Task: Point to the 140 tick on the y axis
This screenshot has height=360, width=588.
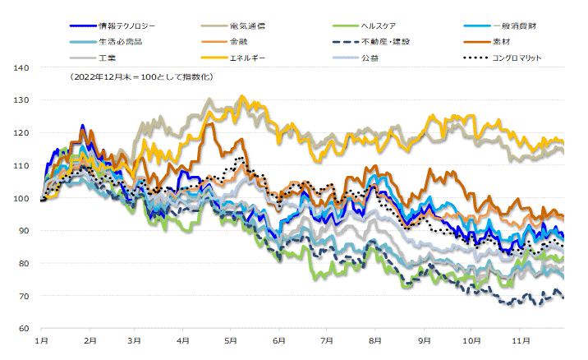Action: pos(22,67)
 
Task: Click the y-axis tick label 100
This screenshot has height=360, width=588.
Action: pos(22,198)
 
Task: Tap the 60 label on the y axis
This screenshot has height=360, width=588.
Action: pos(25,329)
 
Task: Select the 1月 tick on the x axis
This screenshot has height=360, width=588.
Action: pos(42,339)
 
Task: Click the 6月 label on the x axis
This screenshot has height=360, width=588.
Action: pos(279,339)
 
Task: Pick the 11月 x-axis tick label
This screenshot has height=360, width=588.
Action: pos(517,339)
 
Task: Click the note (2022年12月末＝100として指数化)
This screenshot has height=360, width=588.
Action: pos(142,76)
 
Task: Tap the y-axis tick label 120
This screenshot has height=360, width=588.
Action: pos(22,133)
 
